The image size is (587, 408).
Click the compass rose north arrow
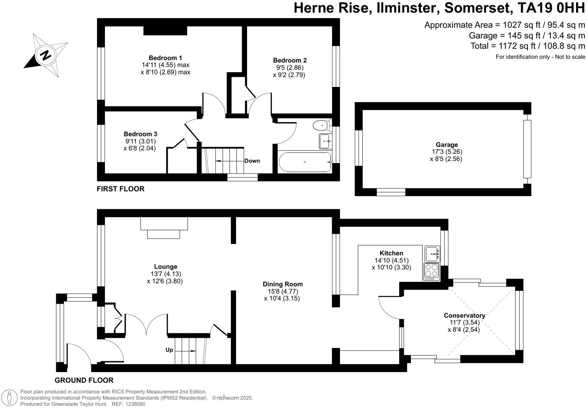pos(45,56)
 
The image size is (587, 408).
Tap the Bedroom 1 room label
pos(165,58)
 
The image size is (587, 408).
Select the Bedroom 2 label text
pos(290,60)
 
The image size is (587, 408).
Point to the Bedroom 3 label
pos(140,134)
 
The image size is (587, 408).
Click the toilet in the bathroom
pos(322,124)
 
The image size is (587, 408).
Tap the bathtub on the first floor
pos(304,162)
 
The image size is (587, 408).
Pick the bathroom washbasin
pos(325,141)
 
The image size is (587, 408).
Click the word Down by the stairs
pos(252,161)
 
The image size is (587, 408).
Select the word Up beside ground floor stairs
pos(169,350)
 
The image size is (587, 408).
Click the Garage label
pos(446,145)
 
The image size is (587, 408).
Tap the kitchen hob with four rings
pos(432,272)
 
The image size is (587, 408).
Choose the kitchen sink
pos(432,254)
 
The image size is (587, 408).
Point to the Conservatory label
pos(464,315)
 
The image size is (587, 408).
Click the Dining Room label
pos(283,284)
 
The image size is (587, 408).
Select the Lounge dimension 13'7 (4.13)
pos(165,274)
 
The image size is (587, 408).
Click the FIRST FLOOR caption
pos(120,189)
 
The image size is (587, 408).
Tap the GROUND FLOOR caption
pos(84,380)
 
